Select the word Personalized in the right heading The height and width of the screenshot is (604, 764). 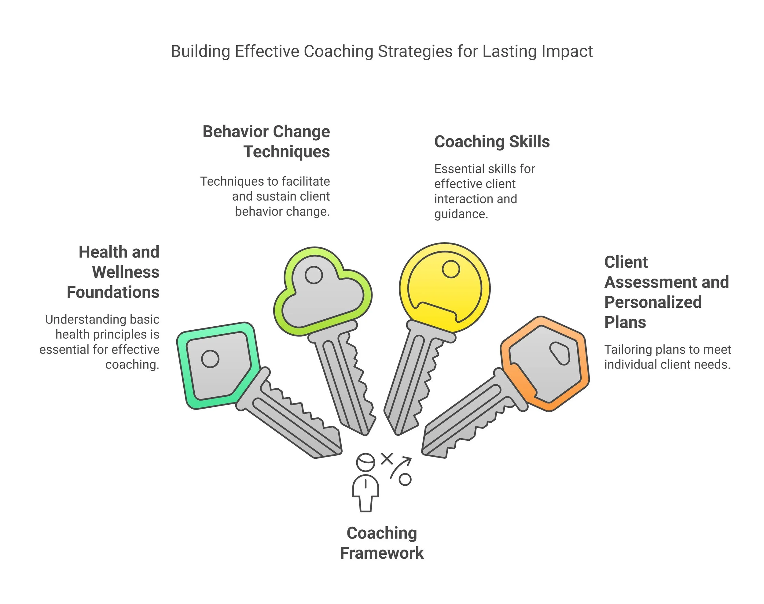click(x=653, y=302)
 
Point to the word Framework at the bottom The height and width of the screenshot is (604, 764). click(x=382, y=553)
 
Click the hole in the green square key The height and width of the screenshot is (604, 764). click(x=210, y=359)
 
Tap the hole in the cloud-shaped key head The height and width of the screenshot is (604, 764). click(x=314, y=275)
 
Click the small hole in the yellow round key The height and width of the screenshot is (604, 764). click(x=450, y=269)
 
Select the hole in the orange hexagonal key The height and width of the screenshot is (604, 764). click(x=559, y=353)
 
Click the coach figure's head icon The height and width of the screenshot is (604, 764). click(x=365, y=462)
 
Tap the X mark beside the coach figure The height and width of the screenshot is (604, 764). click(x=387, y=459)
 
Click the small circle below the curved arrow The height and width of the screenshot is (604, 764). click(x=405, y=480)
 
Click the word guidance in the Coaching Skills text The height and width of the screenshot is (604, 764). click(x=461, y=214)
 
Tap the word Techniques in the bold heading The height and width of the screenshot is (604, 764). click(x=286, y=152)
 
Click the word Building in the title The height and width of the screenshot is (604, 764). click(x=200, y=52)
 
